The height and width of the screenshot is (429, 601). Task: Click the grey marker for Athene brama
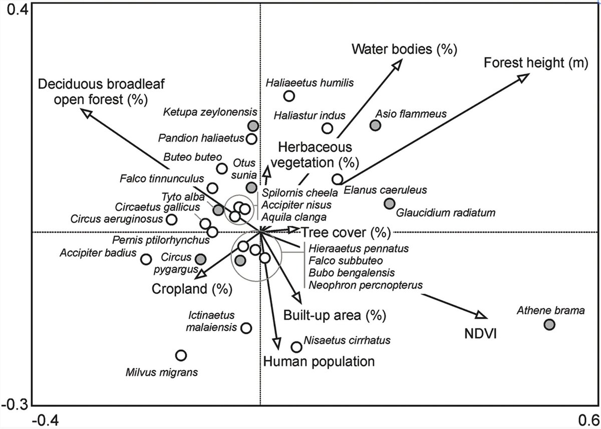(549, 324)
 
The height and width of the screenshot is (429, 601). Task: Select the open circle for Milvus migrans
(181, 355)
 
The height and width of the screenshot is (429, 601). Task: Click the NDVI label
(479, 333)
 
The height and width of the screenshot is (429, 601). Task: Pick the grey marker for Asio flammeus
(376, 125)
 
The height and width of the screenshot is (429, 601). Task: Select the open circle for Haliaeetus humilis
(289, 96)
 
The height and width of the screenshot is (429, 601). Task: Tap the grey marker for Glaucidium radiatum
(389, 203)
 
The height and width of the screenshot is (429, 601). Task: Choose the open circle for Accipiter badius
(146, 259)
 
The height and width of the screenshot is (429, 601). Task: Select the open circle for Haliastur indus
(327, 128)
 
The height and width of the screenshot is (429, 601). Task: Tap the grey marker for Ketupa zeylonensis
(253, 125)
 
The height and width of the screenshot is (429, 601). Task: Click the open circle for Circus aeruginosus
(172, 219)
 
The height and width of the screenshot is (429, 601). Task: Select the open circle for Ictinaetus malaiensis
(246, 328)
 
